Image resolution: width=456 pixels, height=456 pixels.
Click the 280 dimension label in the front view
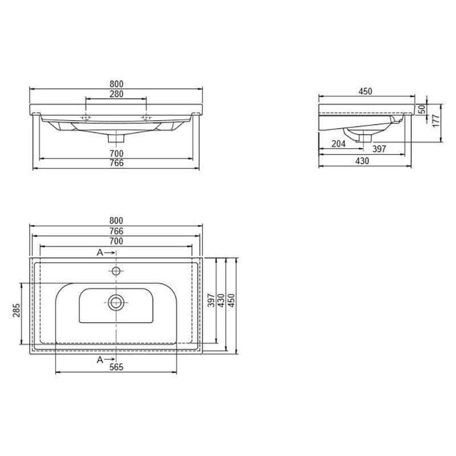116,94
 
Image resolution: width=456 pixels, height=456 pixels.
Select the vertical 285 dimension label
17,310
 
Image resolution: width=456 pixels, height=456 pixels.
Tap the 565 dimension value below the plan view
116,367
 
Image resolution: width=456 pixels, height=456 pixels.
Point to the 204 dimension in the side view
339,144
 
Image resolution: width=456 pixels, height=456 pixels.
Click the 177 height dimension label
436,120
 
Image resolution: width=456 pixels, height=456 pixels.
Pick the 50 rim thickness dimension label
422,109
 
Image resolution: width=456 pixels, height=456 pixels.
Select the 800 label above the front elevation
116,84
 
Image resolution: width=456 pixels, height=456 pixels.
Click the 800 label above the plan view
116,221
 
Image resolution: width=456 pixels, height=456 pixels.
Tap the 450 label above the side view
365,91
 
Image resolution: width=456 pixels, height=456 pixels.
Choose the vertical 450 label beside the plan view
231,300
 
